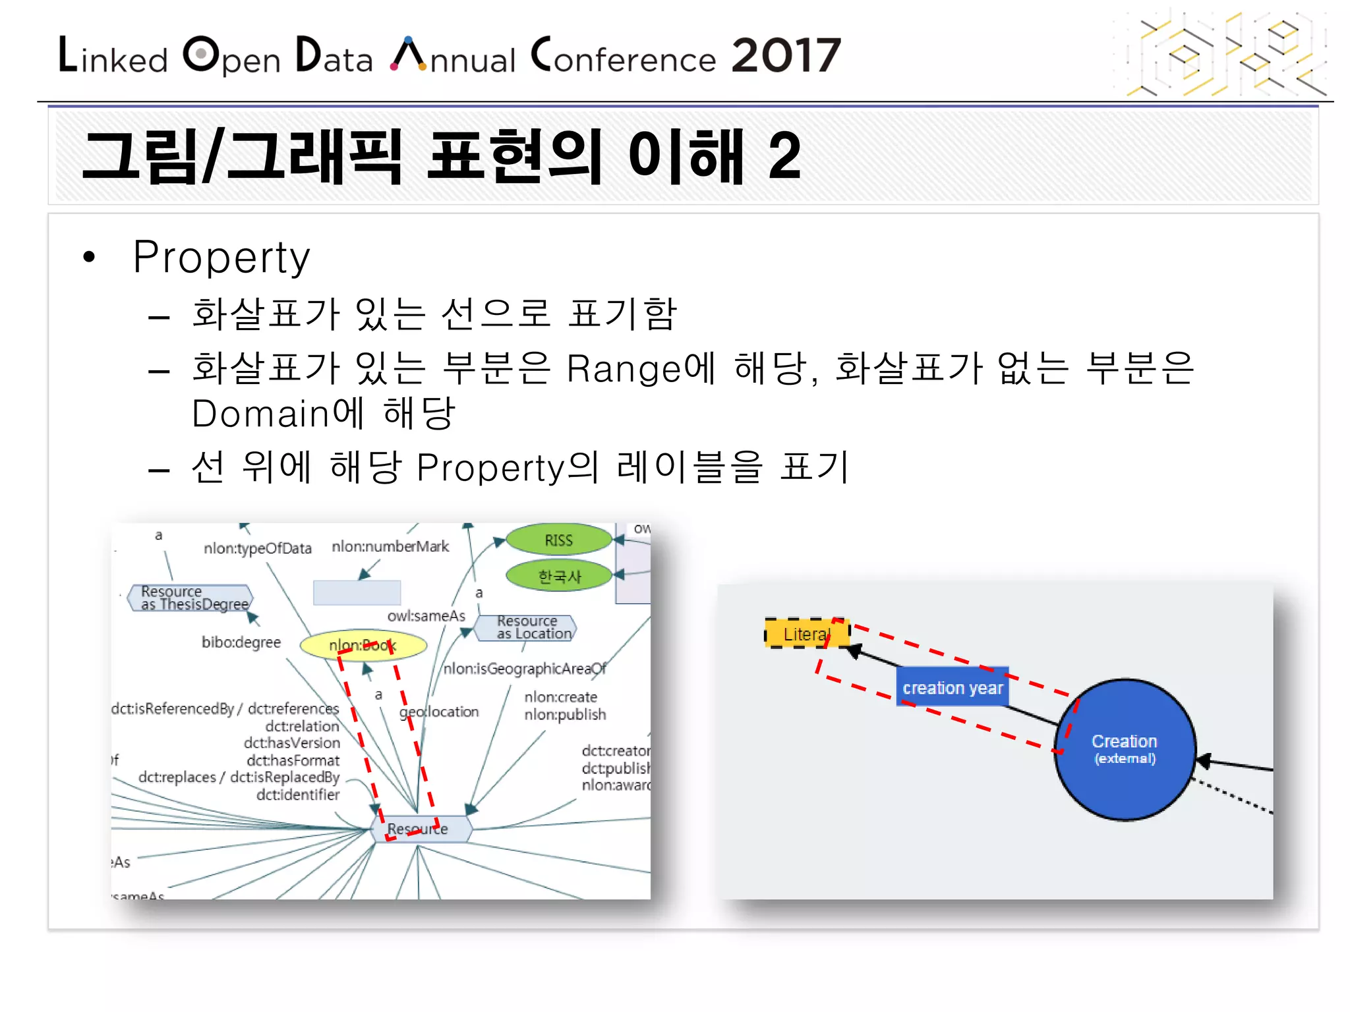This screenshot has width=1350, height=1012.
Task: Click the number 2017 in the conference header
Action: (x=786, y=55)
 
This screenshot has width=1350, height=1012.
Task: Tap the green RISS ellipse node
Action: (x=558, y=540)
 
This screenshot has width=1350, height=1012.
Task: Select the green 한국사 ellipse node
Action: (x=559, y=576)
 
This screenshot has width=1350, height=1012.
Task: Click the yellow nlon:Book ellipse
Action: (x=363, y=646)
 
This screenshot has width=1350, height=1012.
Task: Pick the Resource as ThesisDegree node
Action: (x=190, y=598)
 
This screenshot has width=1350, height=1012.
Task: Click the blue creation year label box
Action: (x=952, y=688)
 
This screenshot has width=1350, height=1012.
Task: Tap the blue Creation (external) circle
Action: (x=1125, y=749)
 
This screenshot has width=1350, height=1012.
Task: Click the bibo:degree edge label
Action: (x=241, y=642)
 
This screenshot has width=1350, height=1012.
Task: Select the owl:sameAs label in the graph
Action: (x=426, y=616)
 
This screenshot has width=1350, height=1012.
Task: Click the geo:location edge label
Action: (x=439, y=712)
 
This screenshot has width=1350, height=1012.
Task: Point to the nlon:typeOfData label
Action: (x=257, y=548)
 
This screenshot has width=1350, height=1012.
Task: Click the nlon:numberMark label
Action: (x=390, y=546)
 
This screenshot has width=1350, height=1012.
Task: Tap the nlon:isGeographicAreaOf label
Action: (x=524, y=669)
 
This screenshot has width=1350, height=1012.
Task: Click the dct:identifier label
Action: (x=298, y=795)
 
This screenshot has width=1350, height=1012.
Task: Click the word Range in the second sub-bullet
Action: (x=623, y=369)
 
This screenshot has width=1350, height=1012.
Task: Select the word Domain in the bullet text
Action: (x=260, y=414)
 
